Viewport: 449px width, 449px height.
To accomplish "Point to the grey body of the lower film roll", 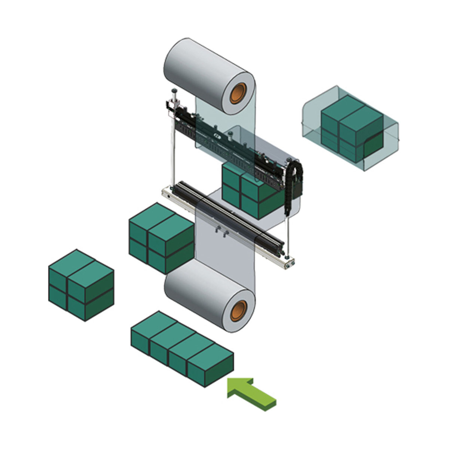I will (x=198, y=292).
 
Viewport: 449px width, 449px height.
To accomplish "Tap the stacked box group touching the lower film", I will (x=161, y=238).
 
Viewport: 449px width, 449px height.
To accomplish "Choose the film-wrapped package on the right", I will (x=350, y=129).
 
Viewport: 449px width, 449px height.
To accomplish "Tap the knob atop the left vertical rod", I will (x=174, y=91).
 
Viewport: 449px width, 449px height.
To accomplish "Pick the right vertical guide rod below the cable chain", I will (x=288, y=236).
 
